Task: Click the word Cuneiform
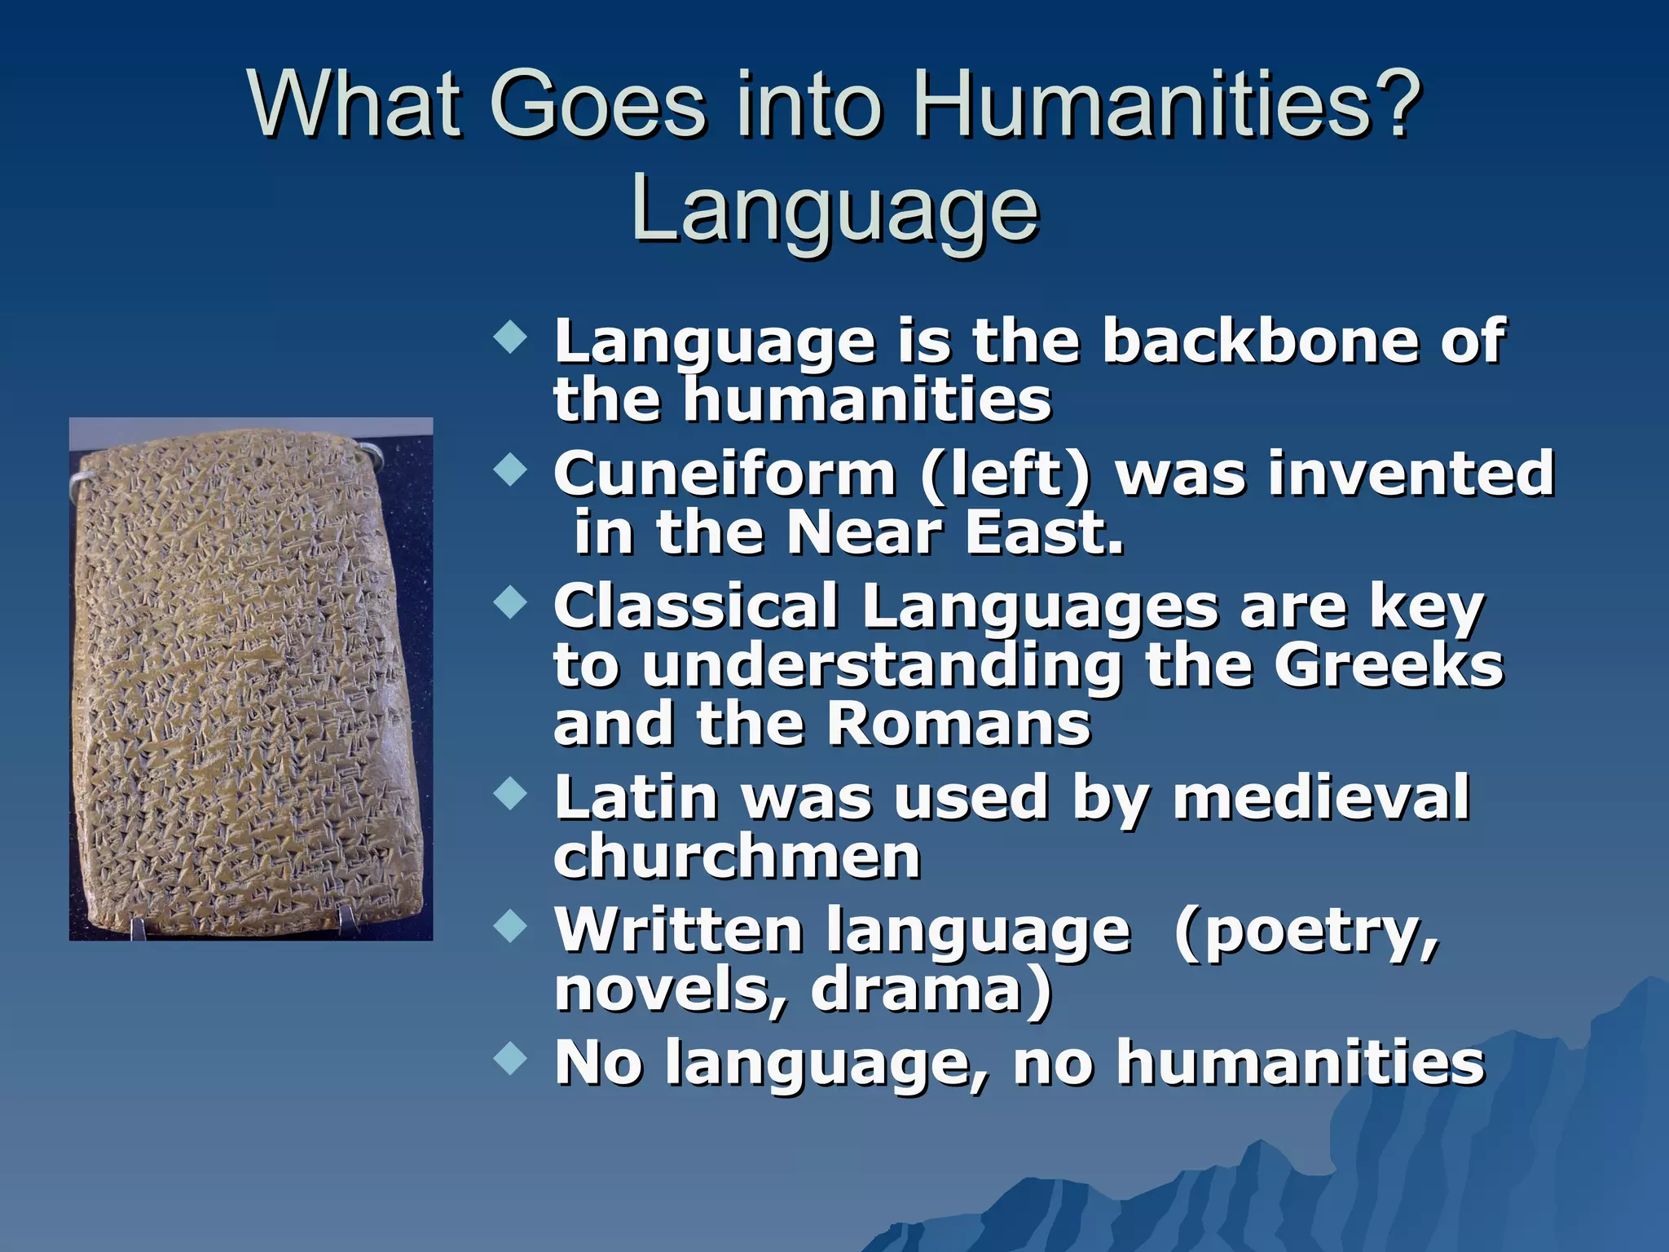tap(724, 474)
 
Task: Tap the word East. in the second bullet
tap(1044, 533)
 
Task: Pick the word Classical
tap(697, 607)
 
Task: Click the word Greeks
tap(1389, 666)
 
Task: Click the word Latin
tap(636, 798)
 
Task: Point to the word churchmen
tap(738, 857)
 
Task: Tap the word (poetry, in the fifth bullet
tap(1307, 931)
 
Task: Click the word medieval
tap(1321, 798)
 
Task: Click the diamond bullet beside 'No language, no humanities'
tap(511, 1059)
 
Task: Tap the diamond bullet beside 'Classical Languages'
tap(511, 602)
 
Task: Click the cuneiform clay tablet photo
tap(250, 679)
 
